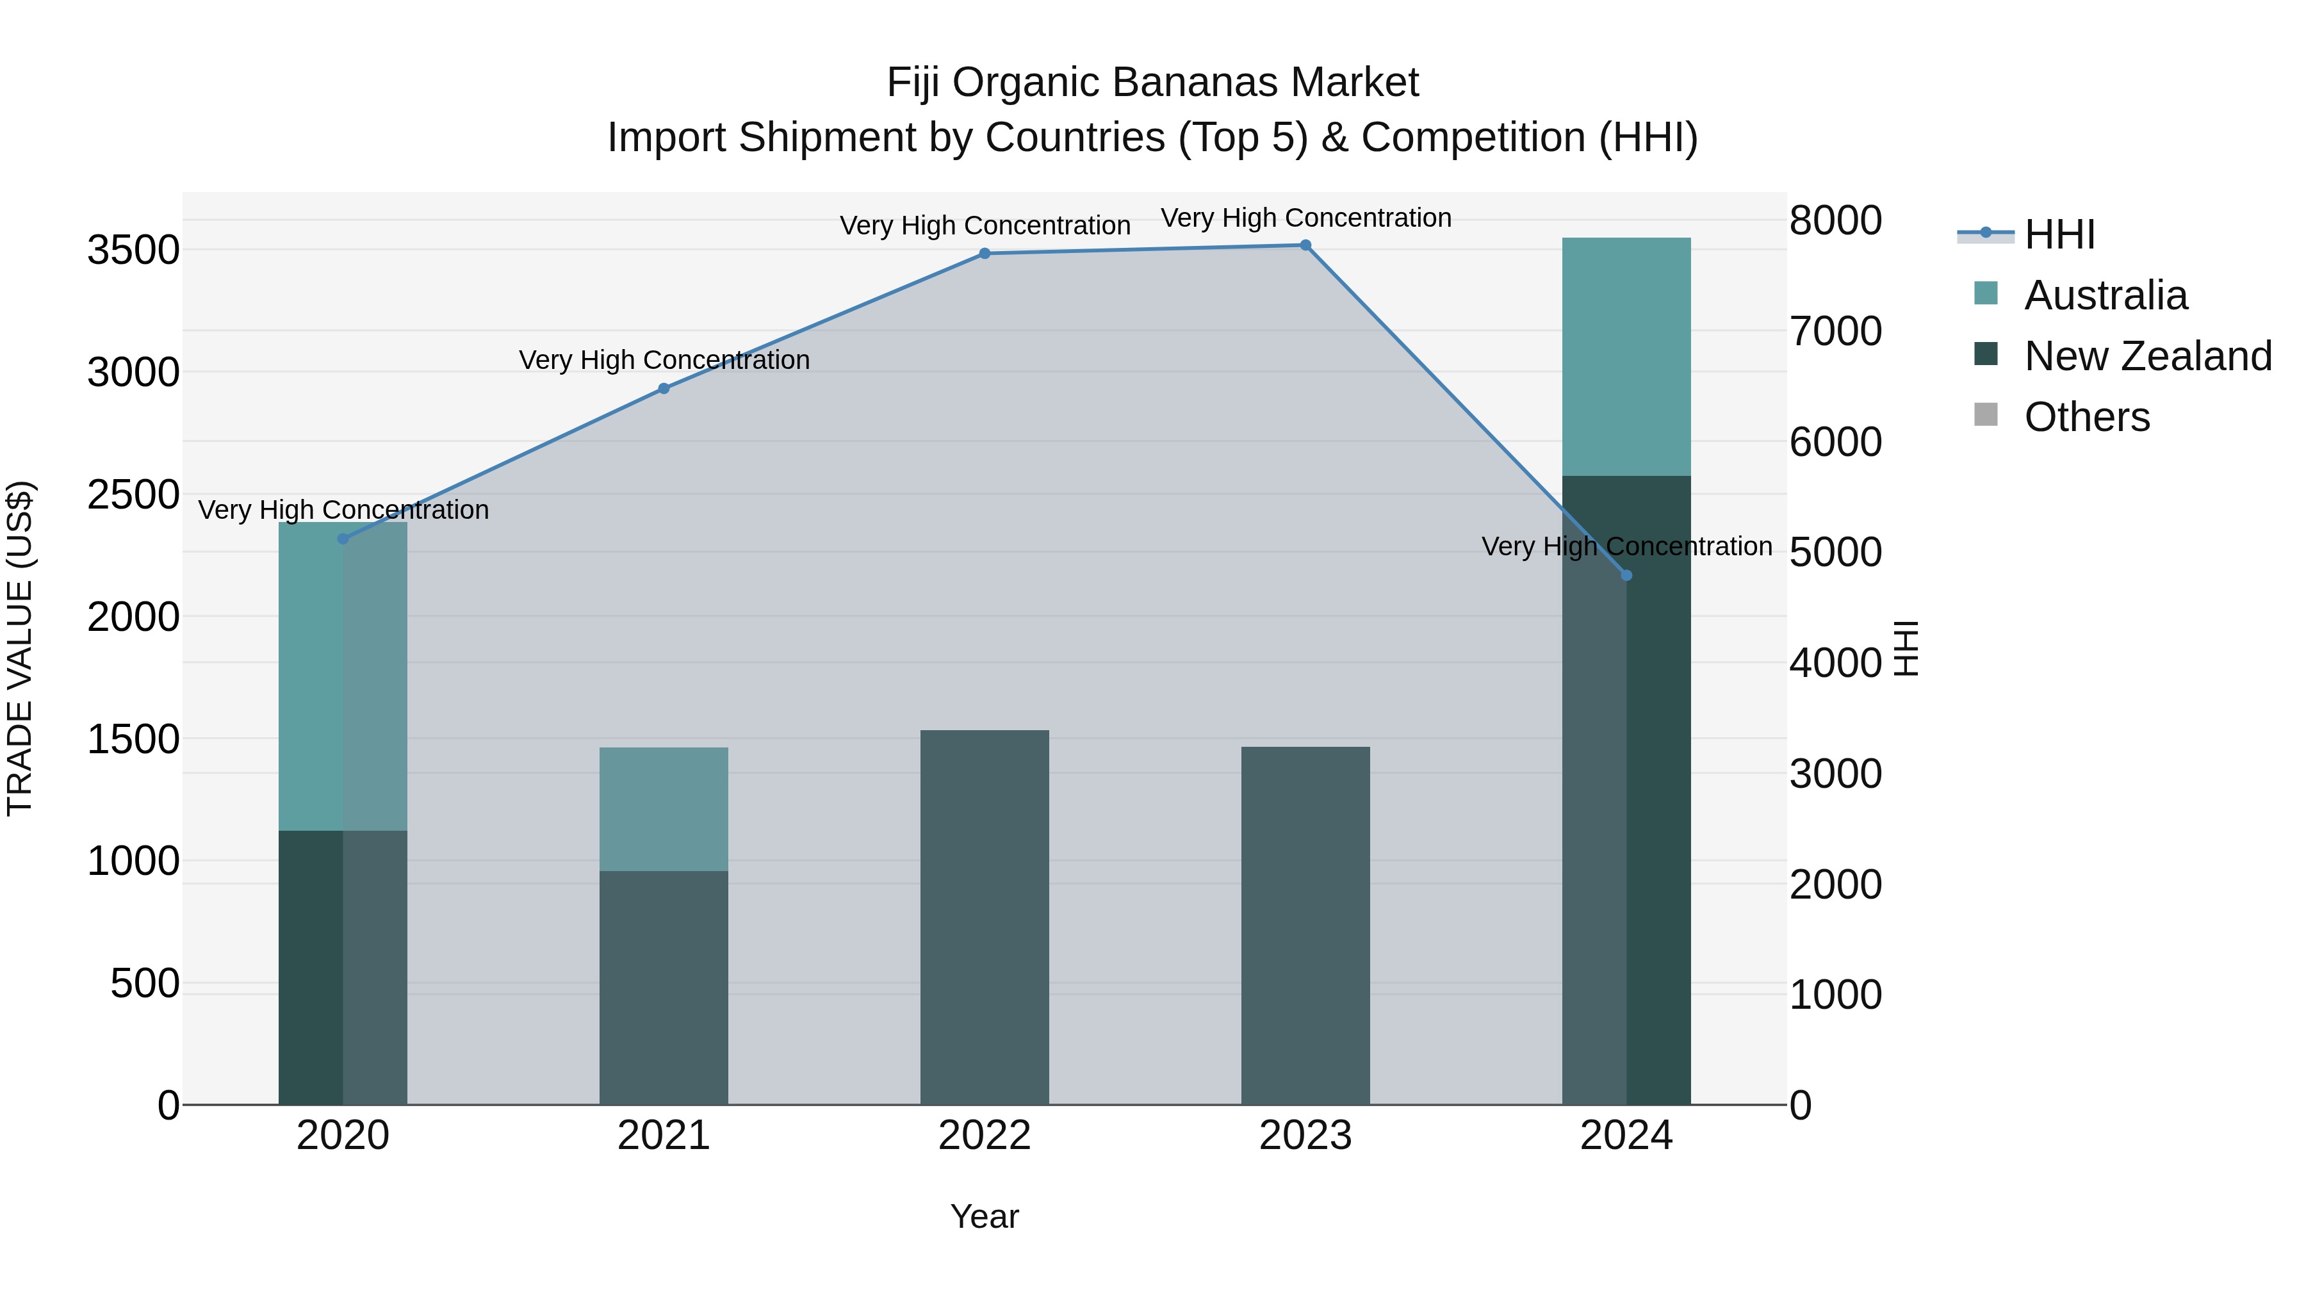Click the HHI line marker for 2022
[x=985, y=253]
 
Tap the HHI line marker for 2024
[x=1626, y=576]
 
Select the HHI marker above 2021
[x=664, y=389]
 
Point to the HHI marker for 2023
[x=1305, y=245]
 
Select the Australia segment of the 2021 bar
[x=664, y=809]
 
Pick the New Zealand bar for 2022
[x=985, y=917]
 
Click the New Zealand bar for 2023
[x=1305, y=926]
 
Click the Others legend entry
[x=2086, y=417]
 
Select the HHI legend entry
[x=2059, y=234]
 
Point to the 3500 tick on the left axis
[x=133, y=250]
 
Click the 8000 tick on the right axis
[x=1835, y=221]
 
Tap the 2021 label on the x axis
[x=664, y=1136]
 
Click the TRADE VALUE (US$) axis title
[x=20, y=648]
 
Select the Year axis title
[x=984, y=1216]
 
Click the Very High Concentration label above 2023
[x=1305, y=218]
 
